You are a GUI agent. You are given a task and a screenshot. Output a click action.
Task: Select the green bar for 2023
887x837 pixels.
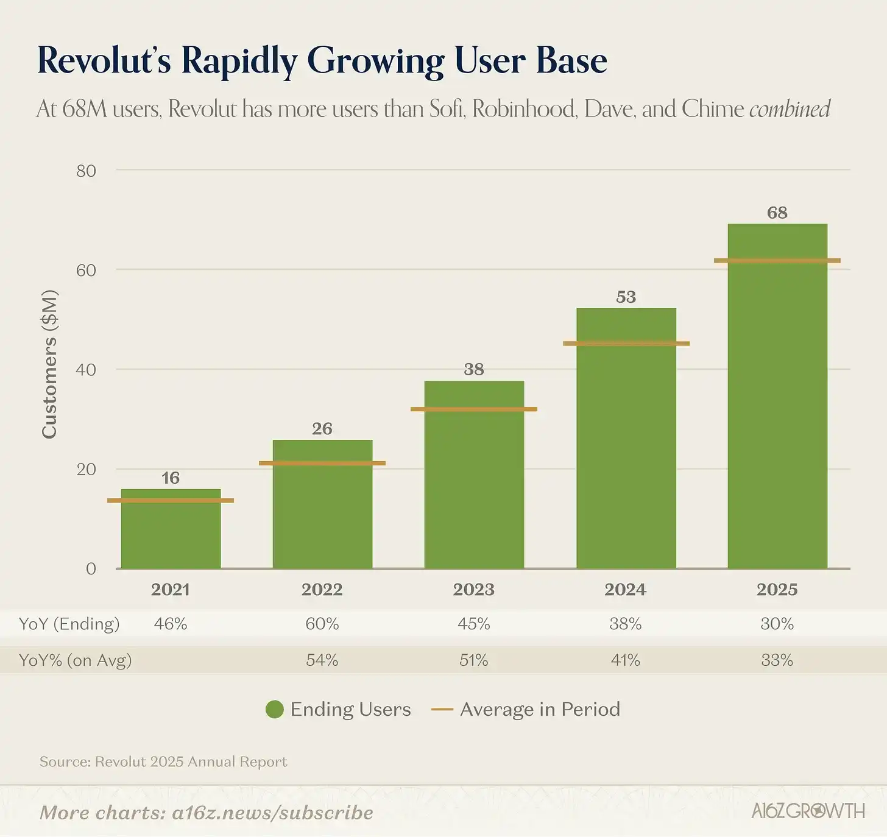474,487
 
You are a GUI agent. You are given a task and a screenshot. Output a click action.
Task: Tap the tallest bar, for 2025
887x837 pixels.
777,414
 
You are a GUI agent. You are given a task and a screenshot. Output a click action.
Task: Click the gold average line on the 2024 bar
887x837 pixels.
626,344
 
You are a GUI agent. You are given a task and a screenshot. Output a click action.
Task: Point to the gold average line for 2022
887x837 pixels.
322,464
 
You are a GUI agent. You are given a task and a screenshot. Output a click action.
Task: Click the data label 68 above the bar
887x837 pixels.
777,213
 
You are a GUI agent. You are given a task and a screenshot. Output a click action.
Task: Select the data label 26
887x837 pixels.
322,429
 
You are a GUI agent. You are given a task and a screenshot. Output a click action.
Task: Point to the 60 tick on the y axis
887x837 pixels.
86,270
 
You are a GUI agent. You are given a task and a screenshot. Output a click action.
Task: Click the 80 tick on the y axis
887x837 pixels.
86,171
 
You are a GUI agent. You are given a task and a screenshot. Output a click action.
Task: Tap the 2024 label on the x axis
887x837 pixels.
626,590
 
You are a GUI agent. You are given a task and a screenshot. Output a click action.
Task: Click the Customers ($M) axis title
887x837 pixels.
49,364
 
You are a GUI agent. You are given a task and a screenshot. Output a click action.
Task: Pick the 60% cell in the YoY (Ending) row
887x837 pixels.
322,624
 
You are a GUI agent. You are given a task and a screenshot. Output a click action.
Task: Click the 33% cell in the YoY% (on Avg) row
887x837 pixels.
777,660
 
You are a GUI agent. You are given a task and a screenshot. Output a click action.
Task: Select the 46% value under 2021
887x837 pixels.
171,624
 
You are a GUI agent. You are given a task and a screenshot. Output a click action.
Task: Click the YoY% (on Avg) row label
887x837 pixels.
75,660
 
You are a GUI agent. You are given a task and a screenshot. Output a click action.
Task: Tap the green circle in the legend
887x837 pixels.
275,710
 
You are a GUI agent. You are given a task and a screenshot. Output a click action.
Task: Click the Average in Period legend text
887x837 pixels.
540,710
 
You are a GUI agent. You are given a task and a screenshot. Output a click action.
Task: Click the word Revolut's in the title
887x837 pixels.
104,61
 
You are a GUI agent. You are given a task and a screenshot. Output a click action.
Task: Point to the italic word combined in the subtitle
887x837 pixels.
790,109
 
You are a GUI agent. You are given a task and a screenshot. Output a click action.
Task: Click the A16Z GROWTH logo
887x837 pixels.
808,811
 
